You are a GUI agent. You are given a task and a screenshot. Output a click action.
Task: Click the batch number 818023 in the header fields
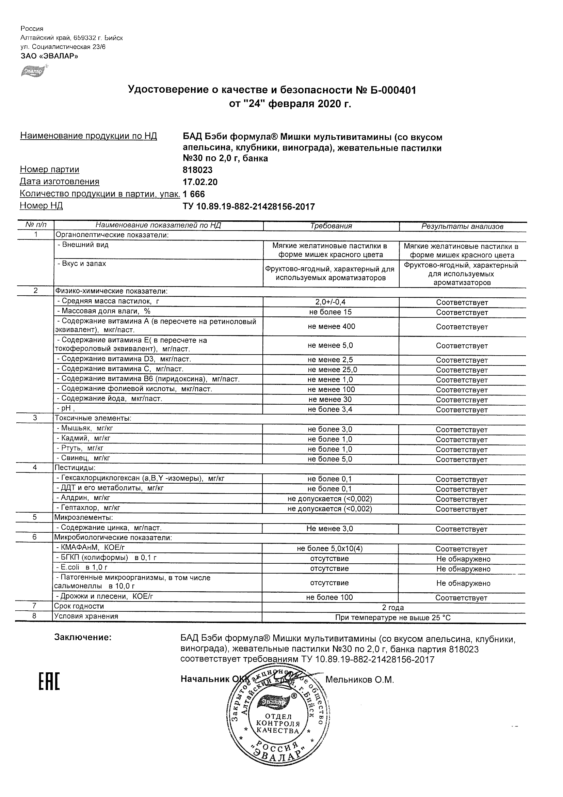(197, 170)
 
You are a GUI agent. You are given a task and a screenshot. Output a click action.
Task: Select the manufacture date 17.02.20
(200, 182)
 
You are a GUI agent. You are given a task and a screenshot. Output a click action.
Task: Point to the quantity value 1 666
(194, 194)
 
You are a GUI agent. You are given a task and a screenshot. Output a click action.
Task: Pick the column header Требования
(331, 226)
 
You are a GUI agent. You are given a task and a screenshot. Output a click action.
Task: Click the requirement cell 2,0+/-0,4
(331, 302)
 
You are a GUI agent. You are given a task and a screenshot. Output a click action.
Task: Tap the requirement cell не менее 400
(331, 326)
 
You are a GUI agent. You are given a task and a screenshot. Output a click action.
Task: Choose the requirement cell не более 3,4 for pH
(330, 409)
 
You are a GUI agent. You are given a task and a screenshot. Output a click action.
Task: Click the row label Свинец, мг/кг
(83, 458)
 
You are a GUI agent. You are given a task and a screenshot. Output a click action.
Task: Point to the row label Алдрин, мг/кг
(83, 498)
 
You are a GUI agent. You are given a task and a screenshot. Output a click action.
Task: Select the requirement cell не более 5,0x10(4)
(329, 548)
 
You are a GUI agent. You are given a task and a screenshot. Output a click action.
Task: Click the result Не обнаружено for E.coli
(463, 569)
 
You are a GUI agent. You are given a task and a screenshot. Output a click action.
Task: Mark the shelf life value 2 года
(393, 608)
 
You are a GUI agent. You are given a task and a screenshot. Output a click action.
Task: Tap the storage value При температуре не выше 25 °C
(393, 618)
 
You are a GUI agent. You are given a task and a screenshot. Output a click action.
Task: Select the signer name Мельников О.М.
(359, 680)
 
